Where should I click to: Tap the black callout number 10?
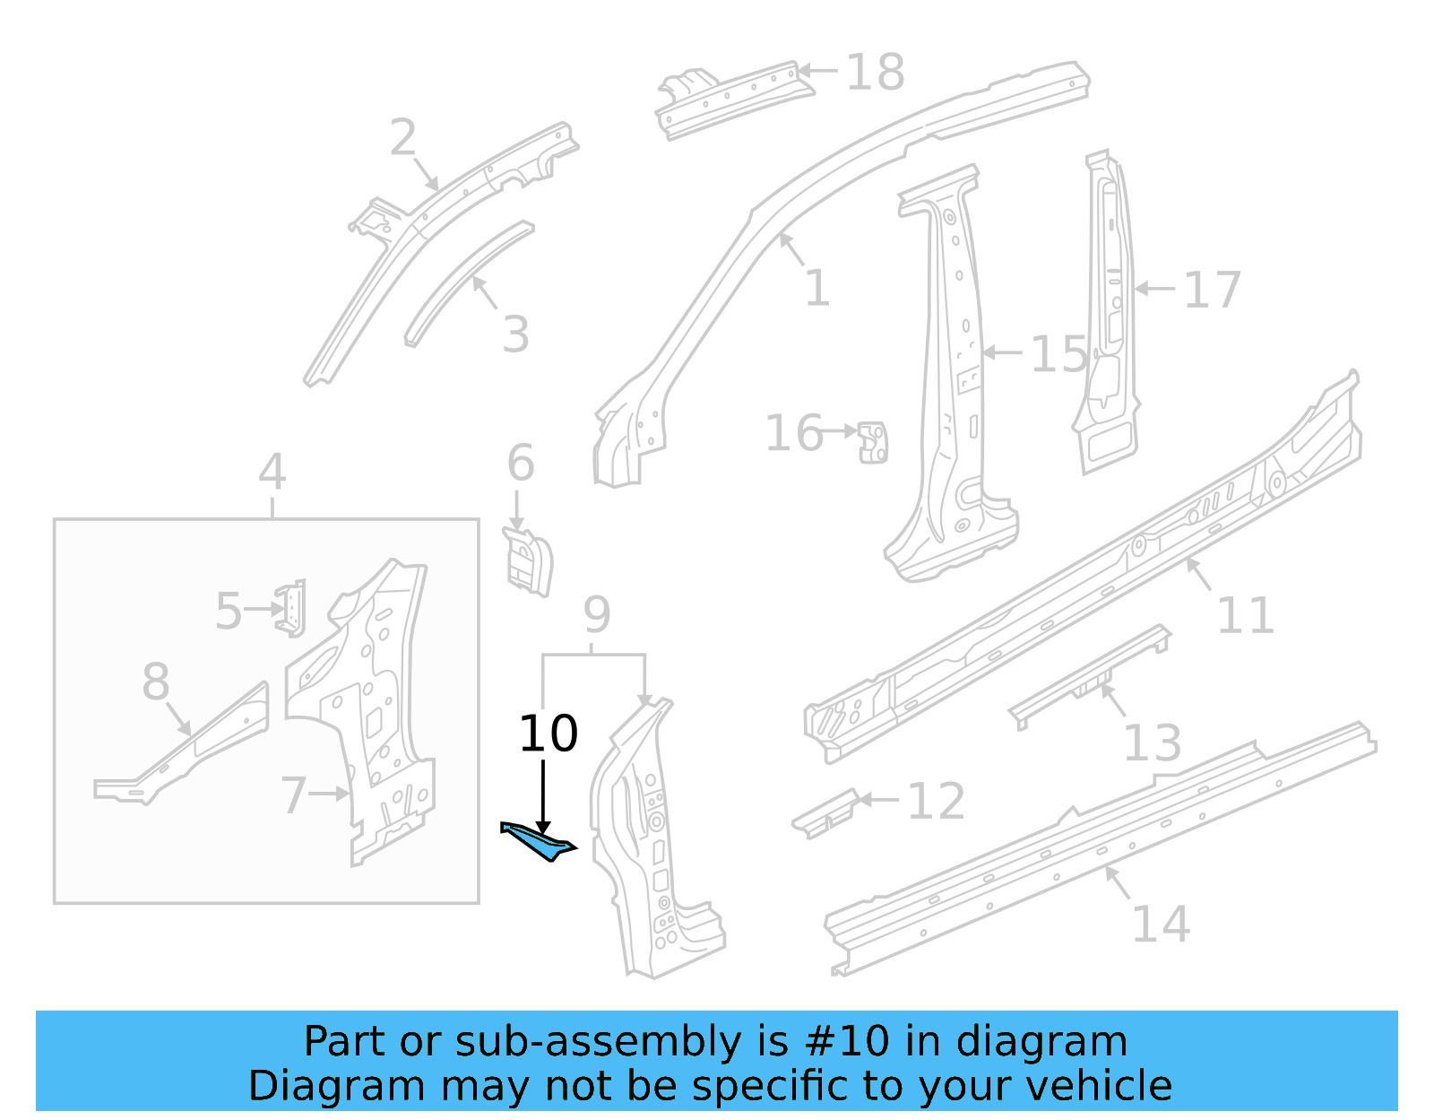click(x=548, y=734)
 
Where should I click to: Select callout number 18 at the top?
click(x=875, y=72)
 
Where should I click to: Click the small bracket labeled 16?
click(x=872, y=442)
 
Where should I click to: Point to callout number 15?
click(x=1058, y=354)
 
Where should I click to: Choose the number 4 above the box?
click(x=272, y=472)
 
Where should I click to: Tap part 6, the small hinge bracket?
click(x=528, y=560)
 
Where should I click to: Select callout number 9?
click(x=597, y=614)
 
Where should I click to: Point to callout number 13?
click(x=1152, y=742)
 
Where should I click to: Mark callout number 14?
click(x=1161, y=924)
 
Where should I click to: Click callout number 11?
click(x=1245, y=615)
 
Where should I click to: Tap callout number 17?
click(x=1212, y=290)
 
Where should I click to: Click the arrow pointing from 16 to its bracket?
click(x=840, y=431)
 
